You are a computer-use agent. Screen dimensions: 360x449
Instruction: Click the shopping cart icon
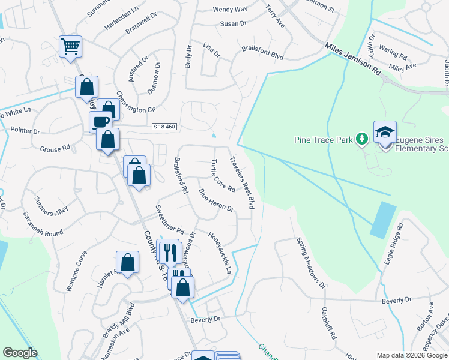71,46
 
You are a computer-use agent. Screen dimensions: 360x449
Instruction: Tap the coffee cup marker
100,122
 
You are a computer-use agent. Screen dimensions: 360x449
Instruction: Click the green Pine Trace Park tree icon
361,140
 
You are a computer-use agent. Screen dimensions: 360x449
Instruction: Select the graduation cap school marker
385,131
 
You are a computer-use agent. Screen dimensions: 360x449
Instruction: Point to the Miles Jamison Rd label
354,58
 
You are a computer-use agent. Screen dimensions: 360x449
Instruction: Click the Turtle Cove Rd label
223,175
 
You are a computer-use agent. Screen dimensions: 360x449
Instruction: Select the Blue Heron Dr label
216,200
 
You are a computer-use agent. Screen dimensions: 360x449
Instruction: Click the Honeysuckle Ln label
220,252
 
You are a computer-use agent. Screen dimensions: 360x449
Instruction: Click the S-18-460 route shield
164,126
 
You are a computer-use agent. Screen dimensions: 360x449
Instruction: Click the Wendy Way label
230,10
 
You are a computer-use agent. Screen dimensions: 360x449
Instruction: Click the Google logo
20,353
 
